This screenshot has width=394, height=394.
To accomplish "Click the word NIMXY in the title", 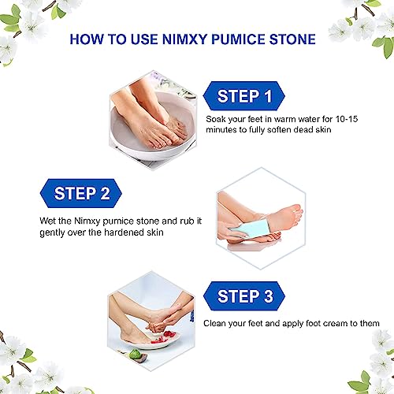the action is [x=184, y=39].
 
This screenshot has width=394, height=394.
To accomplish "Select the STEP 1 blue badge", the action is [x=244, y=96].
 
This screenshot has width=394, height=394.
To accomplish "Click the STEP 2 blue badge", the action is [x=81, y=194].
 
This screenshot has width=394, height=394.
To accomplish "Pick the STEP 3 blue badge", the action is [x=244, y=296].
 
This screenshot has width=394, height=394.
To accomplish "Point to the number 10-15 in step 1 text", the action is [x=347, y=119].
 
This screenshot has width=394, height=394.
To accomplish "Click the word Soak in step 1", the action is [x=216, y=119].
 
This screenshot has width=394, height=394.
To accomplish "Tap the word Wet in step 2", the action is [x=47, y=221].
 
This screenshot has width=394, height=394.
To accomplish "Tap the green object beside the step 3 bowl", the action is [x=136, y=355].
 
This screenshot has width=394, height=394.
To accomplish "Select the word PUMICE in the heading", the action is [x=238, y=39].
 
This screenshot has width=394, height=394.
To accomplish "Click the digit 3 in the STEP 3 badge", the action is [x=268, y=296].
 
